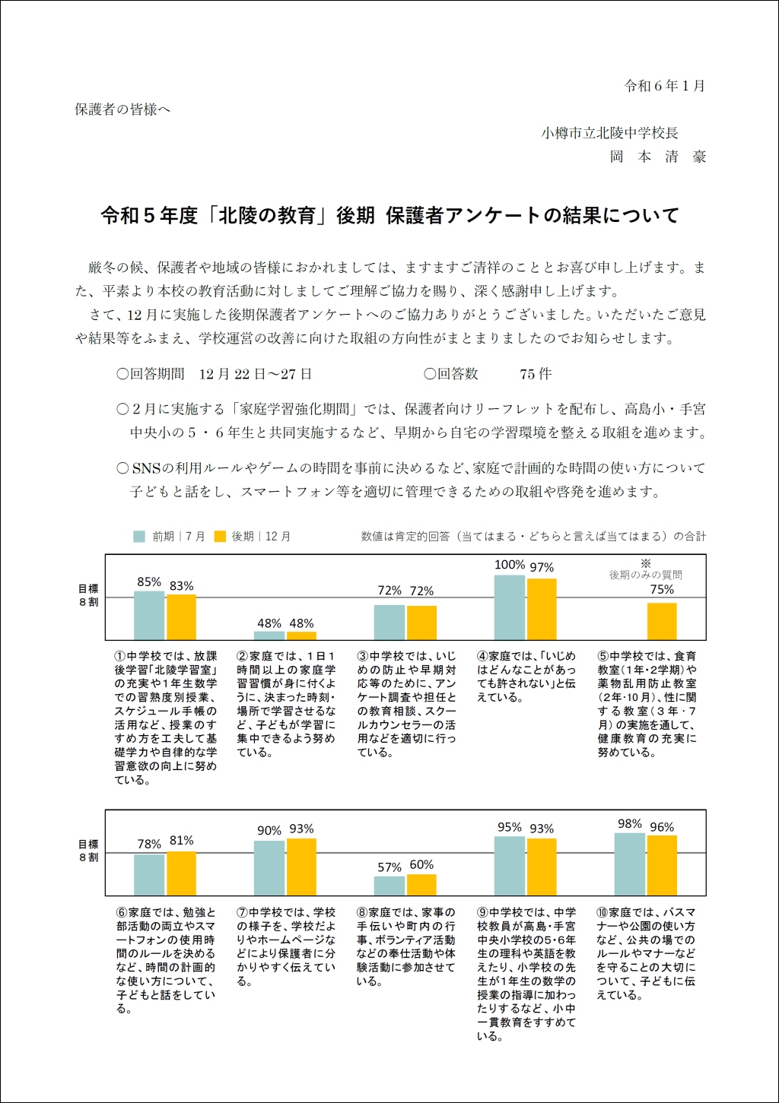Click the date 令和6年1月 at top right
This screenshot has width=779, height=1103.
(x=665, y=86)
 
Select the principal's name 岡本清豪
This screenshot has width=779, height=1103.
(x=658, y=157)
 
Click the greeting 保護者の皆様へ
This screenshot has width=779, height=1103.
(x=122, y=109)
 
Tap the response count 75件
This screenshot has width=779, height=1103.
(x=536, y=374)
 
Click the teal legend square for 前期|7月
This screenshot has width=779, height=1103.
(x=139, y=536)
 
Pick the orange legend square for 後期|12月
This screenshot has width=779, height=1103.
(x=220, y=536)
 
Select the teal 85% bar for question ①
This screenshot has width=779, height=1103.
(x=149, y=616)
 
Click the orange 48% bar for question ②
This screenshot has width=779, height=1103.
(x=301, y=635)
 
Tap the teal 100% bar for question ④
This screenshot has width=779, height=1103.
(x=510, y=607)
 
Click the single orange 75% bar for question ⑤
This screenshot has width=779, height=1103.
(x=662, y=621)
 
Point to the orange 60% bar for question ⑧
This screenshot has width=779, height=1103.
(x=421, y=885)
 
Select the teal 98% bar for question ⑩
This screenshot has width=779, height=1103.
(x=630, y=864)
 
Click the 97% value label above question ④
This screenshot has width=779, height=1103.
(x=542, y=568)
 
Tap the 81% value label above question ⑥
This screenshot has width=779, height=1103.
(x=181, y=841)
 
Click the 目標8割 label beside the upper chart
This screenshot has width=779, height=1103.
(x=89, y=595)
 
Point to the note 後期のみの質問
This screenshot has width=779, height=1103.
(x=645, y=575)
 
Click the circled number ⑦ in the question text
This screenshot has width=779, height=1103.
(x=242, y=912)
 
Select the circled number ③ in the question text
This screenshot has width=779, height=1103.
(x=363, y=656)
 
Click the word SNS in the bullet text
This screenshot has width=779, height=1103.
(x=145, y=468)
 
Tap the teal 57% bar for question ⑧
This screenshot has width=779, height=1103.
(x=389, y=886)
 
